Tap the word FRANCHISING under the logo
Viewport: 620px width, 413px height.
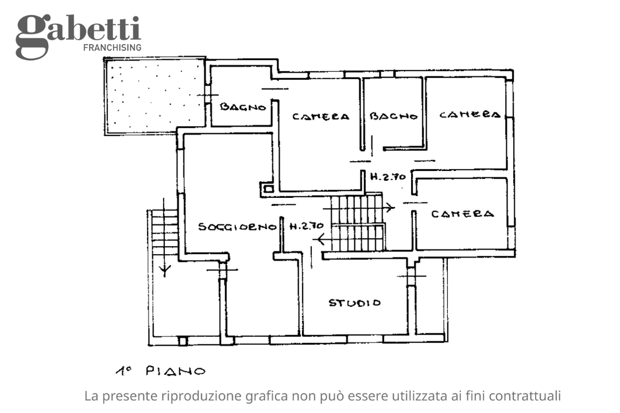click(x=112, y=48)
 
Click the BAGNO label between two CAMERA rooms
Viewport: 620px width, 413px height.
click(x=393, y=116)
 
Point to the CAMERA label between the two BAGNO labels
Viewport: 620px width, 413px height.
click(x=320, y=116)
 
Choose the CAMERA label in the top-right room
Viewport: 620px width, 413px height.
click(x=470, y=115)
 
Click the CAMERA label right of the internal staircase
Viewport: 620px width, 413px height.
click(x=462, y=214)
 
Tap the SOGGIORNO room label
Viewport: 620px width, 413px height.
click(x=238, y=227)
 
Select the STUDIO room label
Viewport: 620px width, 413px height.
click(x=354, y=302)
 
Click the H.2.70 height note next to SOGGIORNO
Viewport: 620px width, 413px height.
click(x=307, y=226)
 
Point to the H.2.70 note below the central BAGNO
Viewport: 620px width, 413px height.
click(x=388, y=177)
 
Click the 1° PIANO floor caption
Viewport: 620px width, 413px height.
click(x=159, y=371)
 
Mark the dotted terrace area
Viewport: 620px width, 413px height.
click(x=154, y=95)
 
